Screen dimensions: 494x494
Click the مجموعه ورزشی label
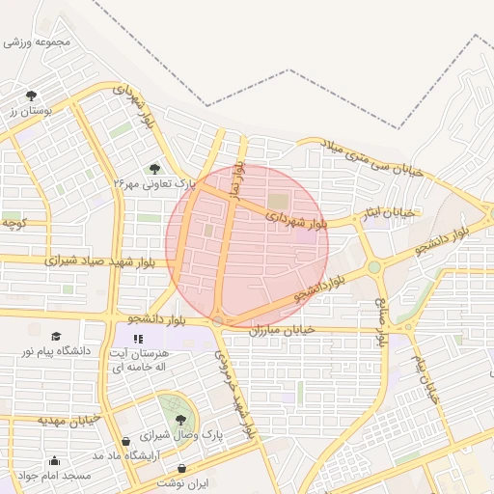click(39, 42)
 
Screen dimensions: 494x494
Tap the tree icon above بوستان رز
click(32, 96)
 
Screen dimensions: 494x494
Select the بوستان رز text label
click(28, 112)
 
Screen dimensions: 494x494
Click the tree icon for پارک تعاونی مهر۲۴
click(156, 169)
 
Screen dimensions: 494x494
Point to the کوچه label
click(13, 223)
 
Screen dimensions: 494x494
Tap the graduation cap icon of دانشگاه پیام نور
click(55, 335)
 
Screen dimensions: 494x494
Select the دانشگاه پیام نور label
click(55, 351)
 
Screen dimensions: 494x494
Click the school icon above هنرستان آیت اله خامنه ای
click(138, 339)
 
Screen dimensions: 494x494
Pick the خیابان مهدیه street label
click(69, 420)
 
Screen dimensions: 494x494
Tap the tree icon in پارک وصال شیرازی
click(181, 420)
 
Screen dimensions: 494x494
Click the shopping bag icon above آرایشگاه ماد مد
click(125, 441)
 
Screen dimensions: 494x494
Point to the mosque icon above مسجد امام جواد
click(54, 461)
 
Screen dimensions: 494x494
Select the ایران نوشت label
click(183, 481)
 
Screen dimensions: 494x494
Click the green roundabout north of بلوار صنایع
click(373, 267)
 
